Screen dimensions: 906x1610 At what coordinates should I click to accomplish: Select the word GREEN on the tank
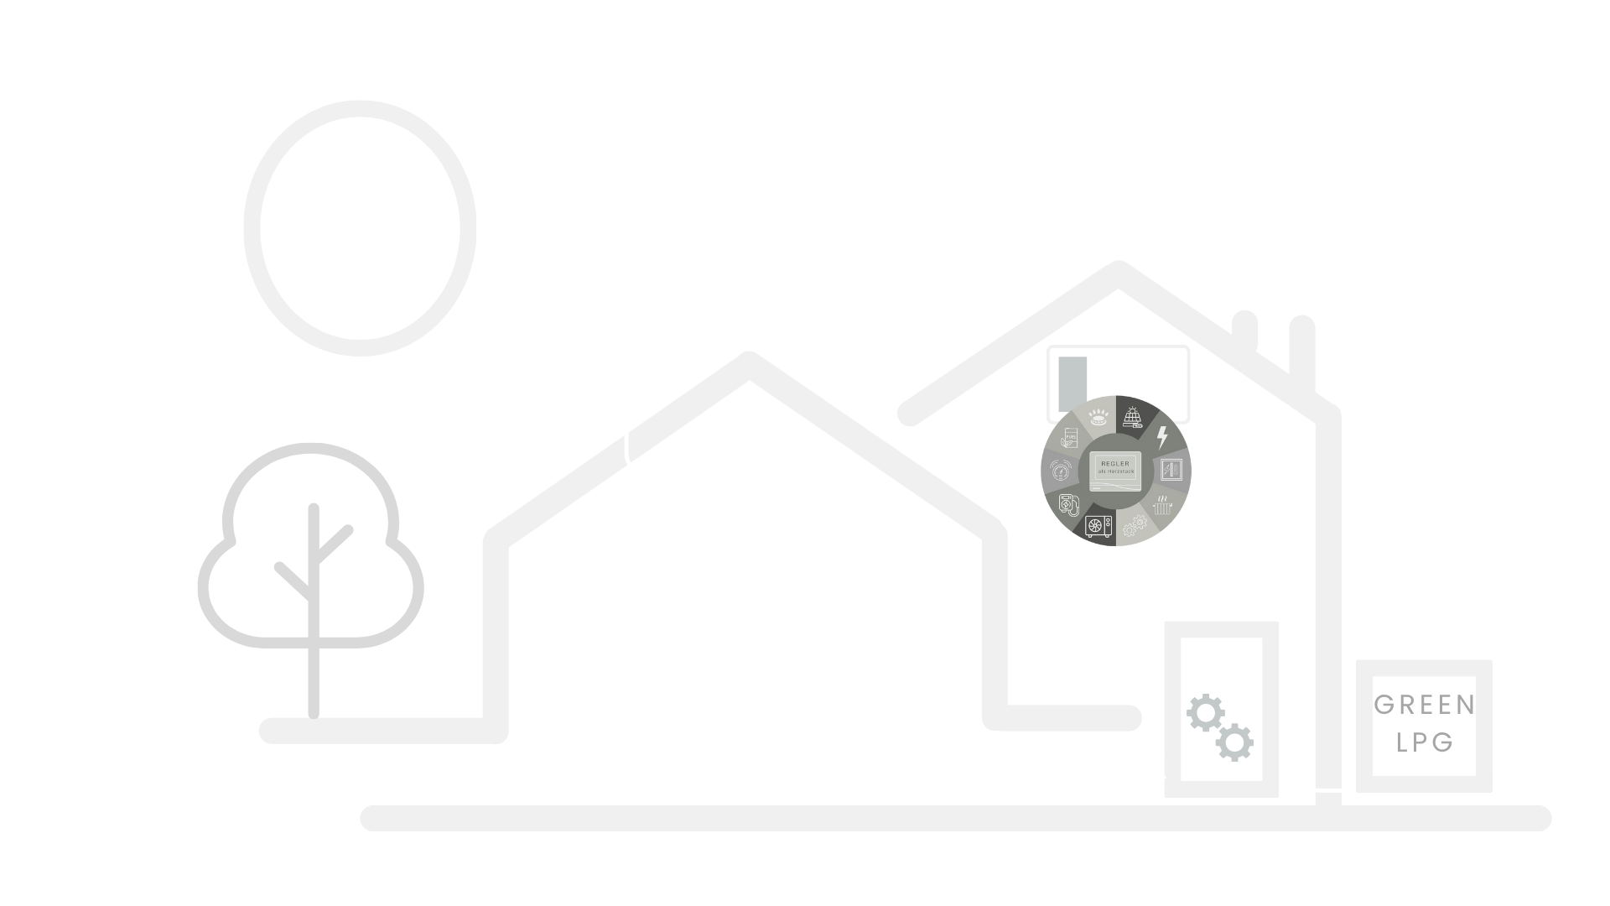[1425, 706]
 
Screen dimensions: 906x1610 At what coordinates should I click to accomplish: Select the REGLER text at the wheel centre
[1114, 463]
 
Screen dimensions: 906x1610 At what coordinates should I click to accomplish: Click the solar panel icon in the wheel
[1132, 418]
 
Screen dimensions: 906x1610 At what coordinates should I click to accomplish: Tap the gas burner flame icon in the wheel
[1098, 418]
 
